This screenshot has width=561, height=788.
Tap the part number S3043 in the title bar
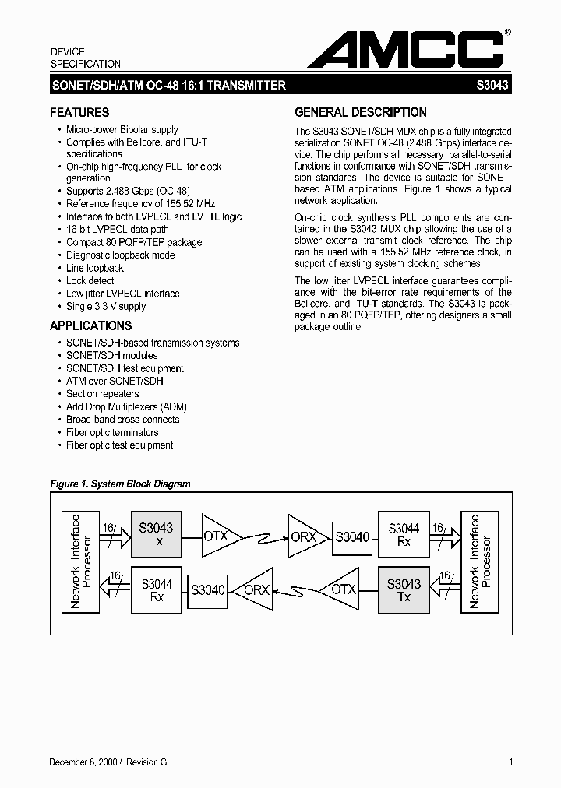coord(492,86)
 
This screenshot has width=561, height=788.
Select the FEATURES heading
coord(79,112)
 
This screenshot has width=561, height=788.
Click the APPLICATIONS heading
coord(91,325)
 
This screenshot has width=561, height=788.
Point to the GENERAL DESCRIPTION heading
coord(361,112)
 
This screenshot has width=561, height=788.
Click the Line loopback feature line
coord(95,268)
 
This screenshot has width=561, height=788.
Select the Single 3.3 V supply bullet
coord(106,307)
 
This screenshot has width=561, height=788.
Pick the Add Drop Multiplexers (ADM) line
coord(126,406)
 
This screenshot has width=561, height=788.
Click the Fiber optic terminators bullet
coord(112,432)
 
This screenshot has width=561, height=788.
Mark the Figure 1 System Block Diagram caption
coord(120,484)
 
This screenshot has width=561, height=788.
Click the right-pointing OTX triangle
coord(218,536)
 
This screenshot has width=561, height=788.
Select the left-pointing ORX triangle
coord(253,590)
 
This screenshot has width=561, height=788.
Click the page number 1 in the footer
coord(510,762)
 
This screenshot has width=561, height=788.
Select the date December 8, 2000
coord(83,762)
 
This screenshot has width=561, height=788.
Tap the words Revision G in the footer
coord(146,762)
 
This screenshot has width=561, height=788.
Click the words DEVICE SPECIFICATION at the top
coord(86,58)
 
